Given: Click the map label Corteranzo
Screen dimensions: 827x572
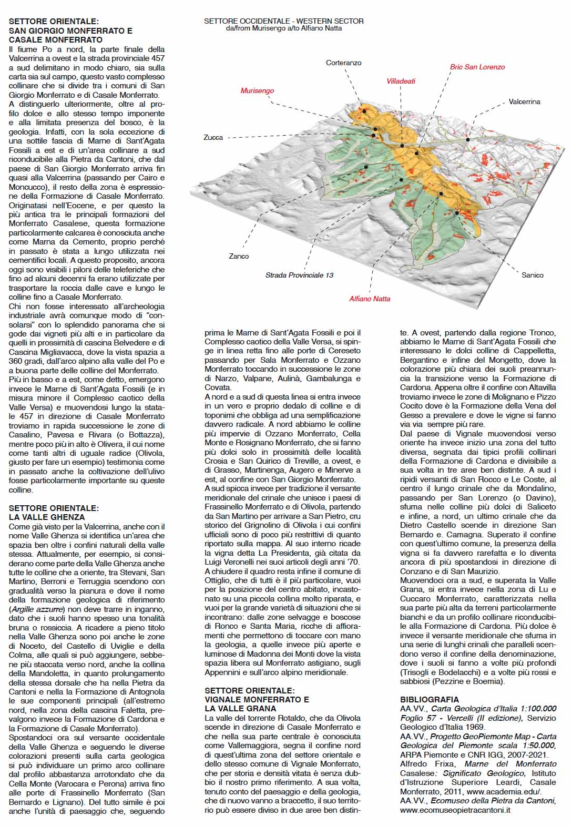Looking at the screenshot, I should tap(343, 63).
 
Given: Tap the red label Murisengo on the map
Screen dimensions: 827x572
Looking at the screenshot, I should tap(257, 91).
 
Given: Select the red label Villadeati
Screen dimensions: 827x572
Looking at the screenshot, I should tap(401, 81).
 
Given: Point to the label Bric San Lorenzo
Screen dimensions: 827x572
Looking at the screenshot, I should tap(477, 67).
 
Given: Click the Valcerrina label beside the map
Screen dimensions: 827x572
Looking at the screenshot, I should tap(524, 101).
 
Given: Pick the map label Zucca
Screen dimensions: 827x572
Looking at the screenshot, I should tap(213, 137).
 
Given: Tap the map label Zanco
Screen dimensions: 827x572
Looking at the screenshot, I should tap(239, 256).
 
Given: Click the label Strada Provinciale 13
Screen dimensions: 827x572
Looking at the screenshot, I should tap(299, 275).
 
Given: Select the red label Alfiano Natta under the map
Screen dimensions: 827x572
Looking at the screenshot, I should tap(370, 299).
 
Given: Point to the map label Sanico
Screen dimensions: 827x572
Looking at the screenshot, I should tap(532, 275).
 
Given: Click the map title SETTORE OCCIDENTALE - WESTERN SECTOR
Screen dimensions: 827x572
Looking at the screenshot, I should tap(283, 21).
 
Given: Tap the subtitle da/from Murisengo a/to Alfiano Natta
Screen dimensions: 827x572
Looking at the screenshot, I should tap(283, 28).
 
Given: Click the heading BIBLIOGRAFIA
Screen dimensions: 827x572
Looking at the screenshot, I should tap(430, 699).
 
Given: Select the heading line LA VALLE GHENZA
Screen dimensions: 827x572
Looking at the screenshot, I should tap(46, 517).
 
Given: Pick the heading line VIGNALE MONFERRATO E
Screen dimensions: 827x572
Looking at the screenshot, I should tap(257, 699).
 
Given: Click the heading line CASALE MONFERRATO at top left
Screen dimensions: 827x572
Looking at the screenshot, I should tap(55, 39).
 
